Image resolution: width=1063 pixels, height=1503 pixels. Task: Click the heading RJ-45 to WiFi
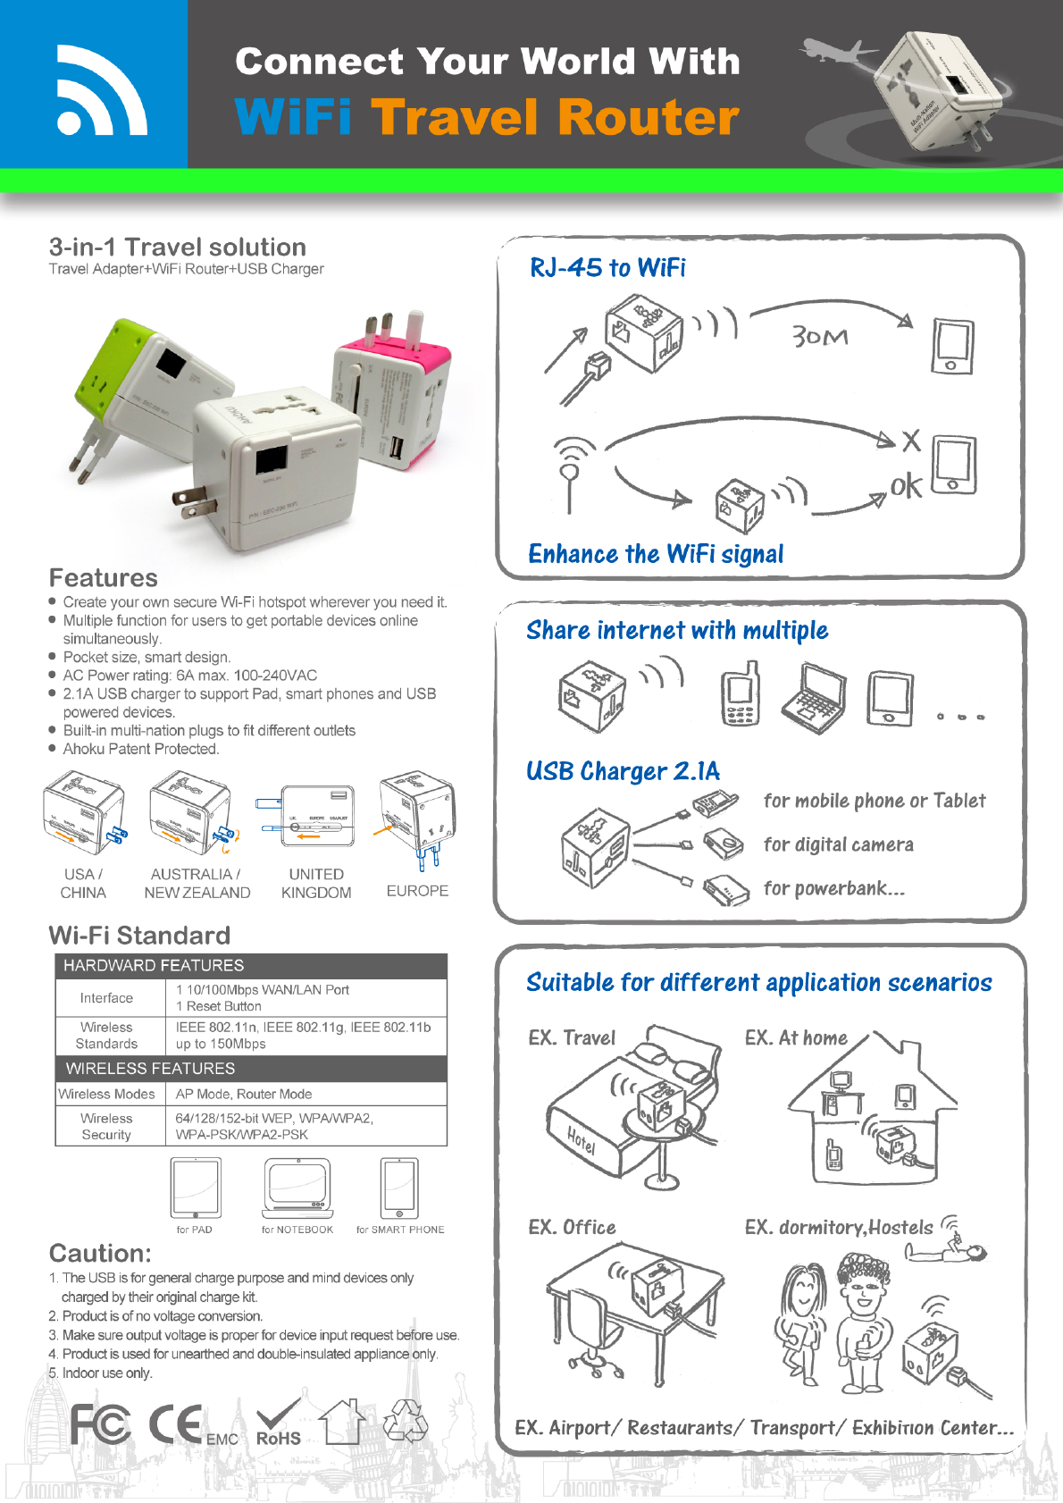click(607, 267)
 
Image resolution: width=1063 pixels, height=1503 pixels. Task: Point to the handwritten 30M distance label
click(819, 337)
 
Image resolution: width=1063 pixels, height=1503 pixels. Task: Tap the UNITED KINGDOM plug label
click(316, 883)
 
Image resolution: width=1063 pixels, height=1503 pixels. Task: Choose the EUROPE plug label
click(417, 891)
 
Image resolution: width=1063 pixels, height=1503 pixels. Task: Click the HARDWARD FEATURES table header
click(154, 965)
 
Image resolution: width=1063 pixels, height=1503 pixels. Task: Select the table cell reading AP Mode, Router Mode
click(244, 1094)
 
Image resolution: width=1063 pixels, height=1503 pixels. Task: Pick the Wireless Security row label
click(106, 1126)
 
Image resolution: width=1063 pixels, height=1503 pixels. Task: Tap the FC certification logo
click(100, 1423)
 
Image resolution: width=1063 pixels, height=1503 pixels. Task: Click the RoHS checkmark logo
click(278, 1423)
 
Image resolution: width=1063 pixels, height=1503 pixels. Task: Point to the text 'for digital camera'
click(838, 844)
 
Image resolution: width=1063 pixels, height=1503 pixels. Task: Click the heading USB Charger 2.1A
click(623, 771)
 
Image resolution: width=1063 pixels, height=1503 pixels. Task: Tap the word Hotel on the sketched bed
click(581, 1139)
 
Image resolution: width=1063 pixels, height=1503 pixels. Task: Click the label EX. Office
click(572, 1227)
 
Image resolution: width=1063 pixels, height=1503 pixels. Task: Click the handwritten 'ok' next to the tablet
click(906, 485)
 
